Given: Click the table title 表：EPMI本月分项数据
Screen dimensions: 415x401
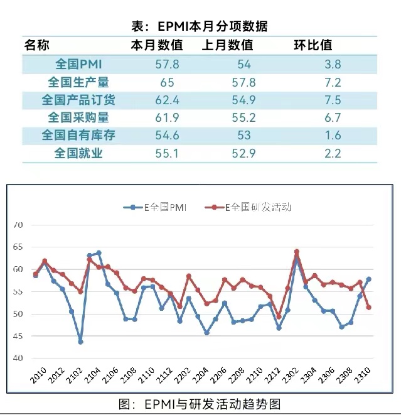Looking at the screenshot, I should tap(200, 26).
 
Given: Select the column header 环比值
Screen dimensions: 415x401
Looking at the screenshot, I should tap(313, 45).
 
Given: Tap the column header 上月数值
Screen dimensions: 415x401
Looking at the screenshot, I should tap(228, 45).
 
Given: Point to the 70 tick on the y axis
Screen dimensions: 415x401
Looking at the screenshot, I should tap(18, 225).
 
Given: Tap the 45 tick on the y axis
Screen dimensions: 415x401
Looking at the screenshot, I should tap(18, 336).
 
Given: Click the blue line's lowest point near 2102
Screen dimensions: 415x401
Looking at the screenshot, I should tap(80, 342).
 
